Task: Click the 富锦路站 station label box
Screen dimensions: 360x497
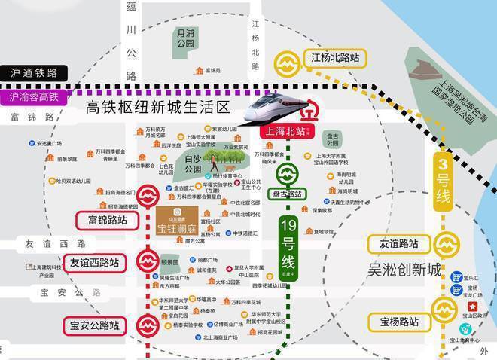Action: point(107,221)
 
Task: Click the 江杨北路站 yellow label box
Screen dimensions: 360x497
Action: point(334,57)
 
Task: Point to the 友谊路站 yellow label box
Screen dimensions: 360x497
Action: point(398,244)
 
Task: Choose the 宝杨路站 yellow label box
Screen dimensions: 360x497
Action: point(398,322)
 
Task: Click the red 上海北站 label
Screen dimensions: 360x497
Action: point(286,130)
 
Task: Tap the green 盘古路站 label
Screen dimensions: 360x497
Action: point(286,194)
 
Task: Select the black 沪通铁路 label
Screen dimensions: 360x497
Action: point(33,73)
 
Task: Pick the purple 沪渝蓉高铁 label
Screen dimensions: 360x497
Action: point(33,97)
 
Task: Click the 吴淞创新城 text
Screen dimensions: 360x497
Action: point(404,269)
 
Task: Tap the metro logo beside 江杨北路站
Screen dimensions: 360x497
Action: point(286,60)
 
